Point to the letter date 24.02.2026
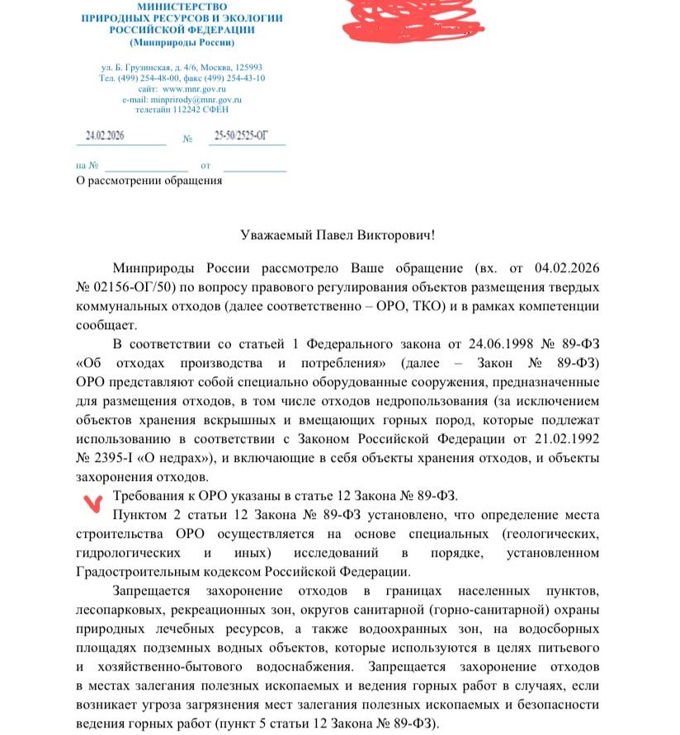(105, 136)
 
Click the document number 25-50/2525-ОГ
(241, 136)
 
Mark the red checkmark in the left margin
(97, 501)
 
